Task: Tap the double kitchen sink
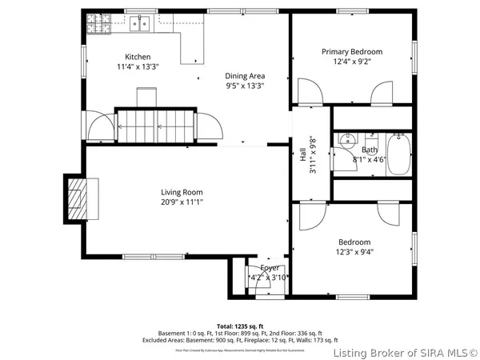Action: tap(141, 23)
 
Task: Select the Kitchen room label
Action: tap(138, 57)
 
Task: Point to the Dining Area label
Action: tap(245, 75)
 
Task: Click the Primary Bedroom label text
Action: tap(352, 51)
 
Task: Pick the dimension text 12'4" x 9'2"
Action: tap(352, 62)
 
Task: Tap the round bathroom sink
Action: tap(347, 141)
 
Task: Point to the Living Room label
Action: tap(182, 192)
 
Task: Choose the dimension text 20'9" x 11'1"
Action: tap(182, 202)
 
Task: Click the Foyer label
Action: tap(268, 268)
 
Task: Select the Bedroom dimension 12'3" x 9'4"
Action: tap(354, 252)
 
